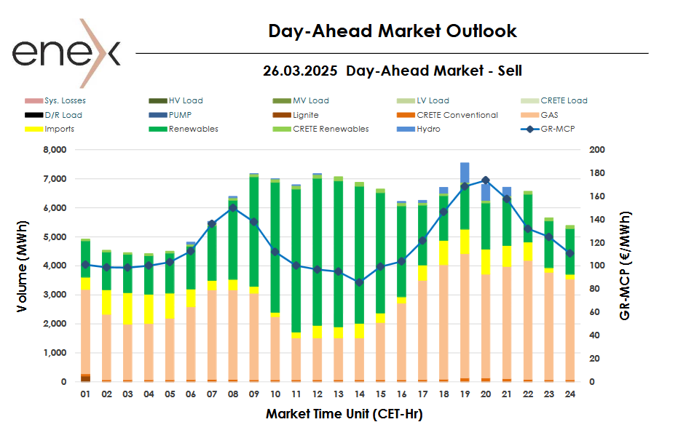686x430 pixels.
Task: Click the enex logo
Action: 66,44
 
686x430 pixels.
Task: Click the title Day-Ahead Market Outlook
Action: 393,31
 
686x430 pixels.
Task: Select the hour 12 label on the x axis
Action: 317,394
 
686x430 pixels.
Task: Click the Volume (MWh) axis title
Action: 23,266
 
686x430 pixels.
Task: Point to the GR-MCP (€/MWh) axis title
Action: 626,266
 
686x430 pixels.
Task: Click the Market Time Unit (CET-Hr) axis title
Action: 344,414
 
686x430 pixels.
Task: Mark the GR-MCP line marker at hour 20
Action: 486,180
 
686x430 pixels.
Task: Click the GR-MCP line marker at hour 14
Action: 359,282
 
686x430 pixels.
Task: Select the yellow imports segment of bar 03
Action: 127,308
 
